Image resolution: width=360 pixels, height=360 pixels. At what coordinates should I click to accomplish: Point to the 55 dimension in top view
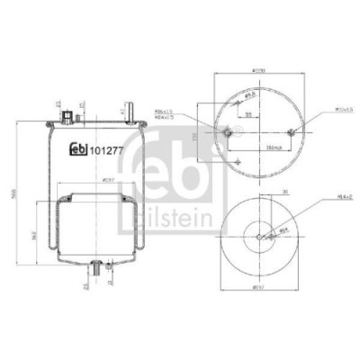pyautogui.click(x=247, y=115)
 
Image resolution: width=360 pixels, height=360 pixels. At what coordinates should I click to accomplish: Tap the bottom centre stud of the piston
pyautogui.click(x=97, y=267)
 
